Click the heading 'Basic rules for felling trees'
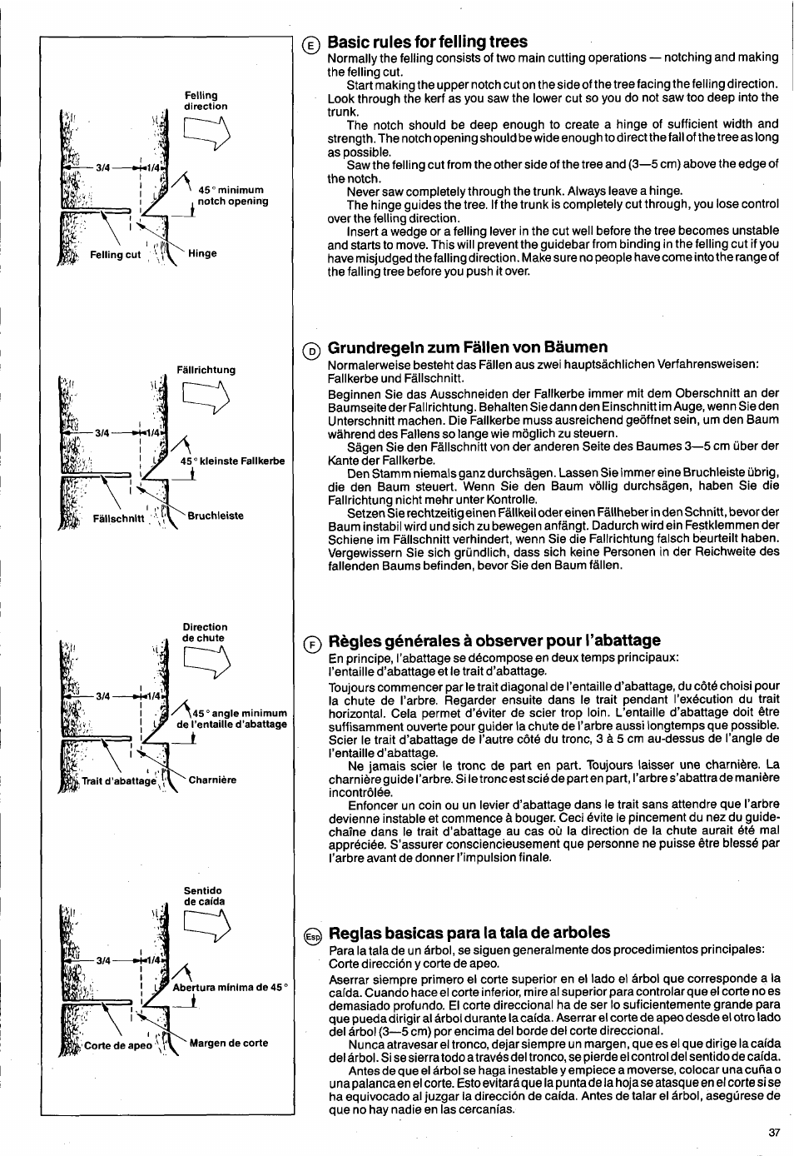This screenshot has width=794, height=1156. tap(427, 42)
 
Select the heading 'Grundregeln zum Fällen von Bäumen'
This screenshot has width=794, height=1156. tap(467, 346)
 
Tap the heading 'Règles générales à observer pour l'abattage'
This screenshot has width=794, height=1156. tap(494, 640)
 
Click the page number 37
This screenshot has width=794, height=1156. tap(773, 1132)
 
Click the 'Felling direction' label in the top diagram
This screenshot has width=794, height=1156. tap(206, 101)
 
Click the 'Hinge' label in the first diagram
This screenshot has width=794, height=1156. tap(202, 254)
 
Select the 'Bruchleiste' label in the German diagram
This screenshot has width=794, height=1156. tap(216, 516)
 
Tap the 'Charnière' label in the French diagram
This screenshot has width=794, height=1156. tap(212, 780)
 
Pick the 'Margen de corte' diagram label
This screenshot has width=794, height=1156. tap(229, 1043)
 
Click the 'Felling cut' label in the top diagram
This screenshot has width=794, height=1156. tap(116, 255)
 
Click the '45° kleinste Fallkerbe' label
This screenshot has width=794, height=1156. tap(232, 461)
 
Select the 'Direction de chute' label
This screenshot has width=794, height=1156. tap(205, 632)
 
